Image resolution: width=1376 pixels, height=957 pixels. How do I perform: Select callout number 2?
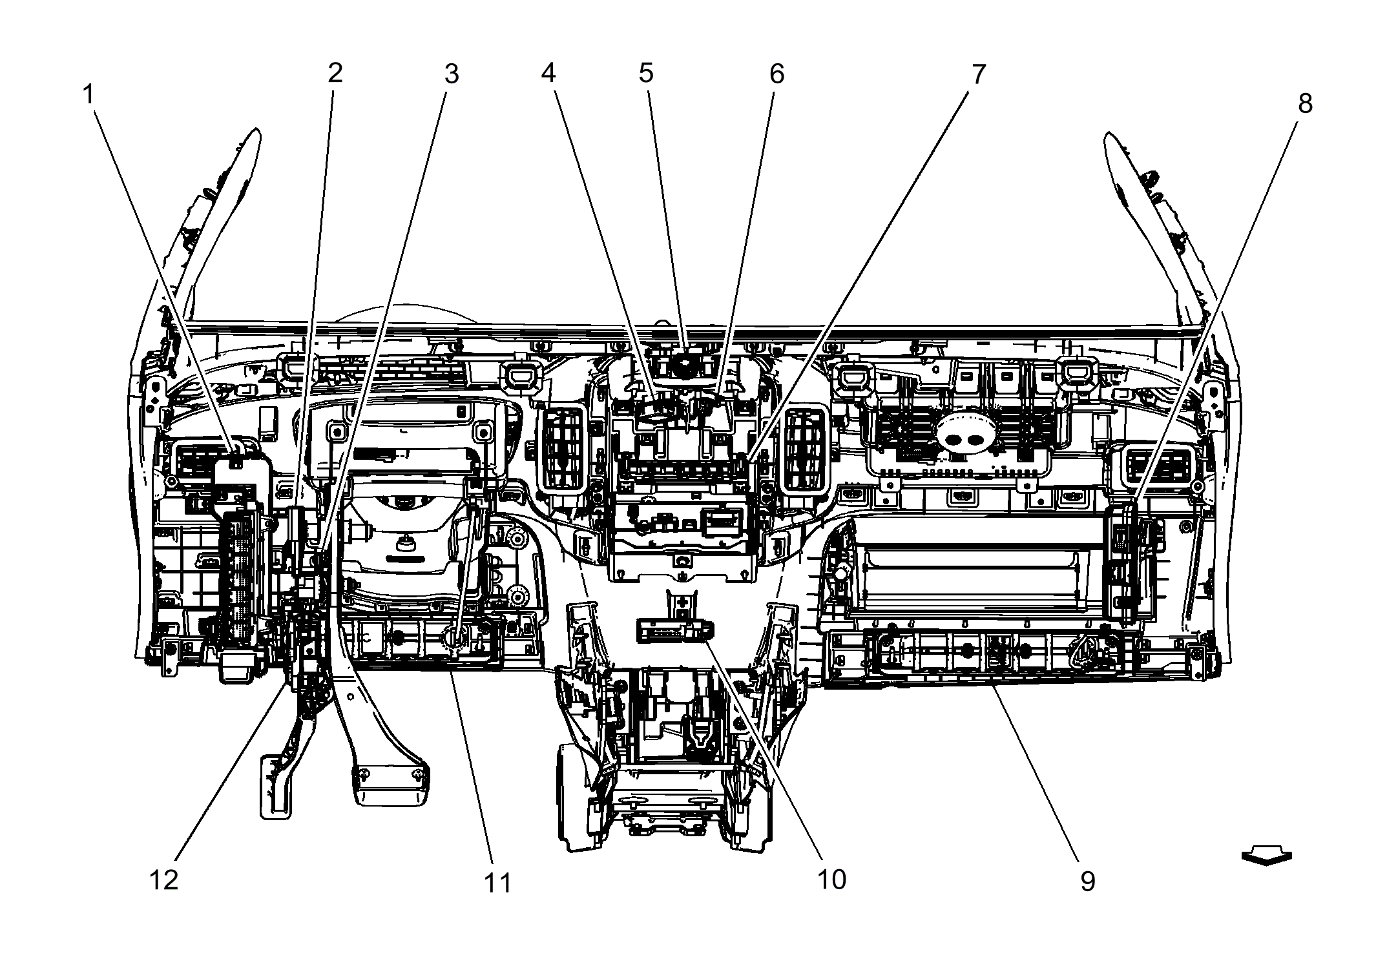[334, 74]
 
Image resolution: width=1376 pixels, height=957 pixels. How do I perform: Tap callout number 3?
[451, 74]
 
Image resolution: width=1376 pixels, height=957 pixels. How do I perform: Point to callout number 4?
[548, 73]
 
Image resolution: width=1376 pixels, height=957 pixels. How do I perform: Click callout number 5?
[646, 73]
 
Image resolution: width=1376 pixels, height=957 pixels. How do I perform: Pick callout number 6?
[777, 74]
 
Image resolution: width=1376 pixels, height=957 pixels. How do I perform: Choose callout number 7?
[979, 74]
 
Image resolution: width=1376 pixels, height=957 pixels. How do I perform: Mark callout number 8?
[1305, 103]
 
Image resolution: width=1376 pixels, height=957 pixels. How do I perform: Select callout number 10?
[831, 879]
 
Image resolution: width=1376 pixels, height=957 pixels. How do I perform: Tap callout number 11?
[497, 883]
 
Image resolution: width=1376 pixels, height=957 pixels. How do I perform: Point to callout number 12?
[163, 880]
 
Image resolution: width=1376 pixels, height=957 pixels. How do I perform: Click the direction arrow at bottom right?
[1266, 857]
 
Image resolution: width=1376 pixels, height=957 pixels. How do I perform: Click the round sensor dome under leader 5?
[684, 366]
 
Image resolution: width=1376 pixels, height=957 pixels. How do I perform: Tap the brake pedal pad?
[391, 784]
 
